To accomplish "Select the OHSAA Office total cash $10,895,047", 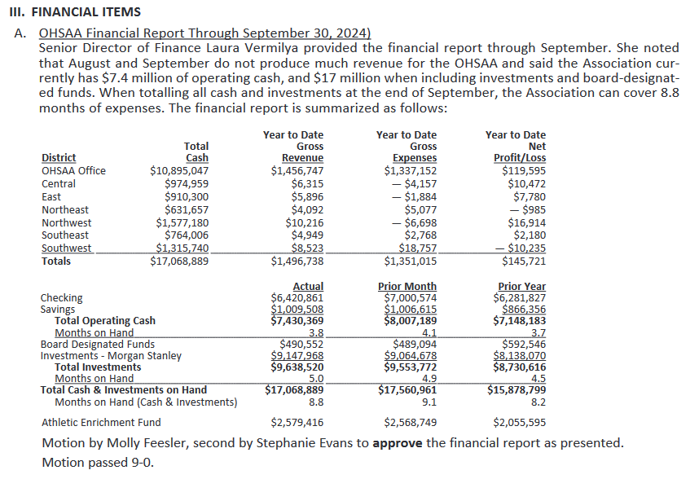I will point(179,171).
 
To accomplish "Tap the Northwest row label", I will point(66,222).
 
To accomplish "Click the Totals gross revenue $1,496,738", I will point(297,261).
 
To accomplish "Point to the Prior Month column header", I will point(407,287).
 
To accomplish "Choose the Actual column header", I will point(308,287).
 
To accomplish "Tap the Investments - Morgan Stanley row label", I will point(111,355).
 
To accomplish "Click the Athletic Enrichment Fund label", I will point(101,422).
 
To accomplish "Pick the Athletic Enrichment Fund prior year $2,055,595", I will point(520,422).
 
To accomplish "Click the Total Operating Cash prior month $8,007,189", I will point(410,321).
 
